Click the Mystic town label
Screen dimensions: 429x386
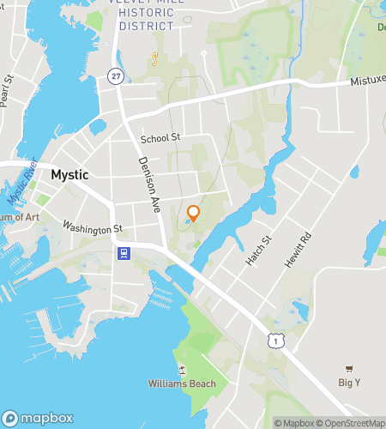(69, 174)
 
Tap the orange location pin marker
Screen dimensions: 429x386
(193, 214)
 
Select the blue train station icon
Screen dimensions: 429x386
(124, 253)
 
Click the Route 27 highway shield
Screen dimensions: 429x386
(115, 76)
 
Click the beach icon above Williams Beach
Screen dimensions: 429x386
(181, 369)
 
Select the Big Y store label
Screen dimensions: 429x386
(348, 383)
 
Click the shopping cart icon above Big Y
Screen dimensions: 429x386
(348, 368)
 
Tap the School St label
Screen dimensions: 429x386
(160, 137)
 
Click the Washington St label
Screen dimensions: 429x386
(93, 228)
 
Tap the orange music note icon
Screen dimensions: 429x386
(155, 59)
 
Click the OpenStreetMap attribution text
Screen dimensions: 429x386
(352, 422)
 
